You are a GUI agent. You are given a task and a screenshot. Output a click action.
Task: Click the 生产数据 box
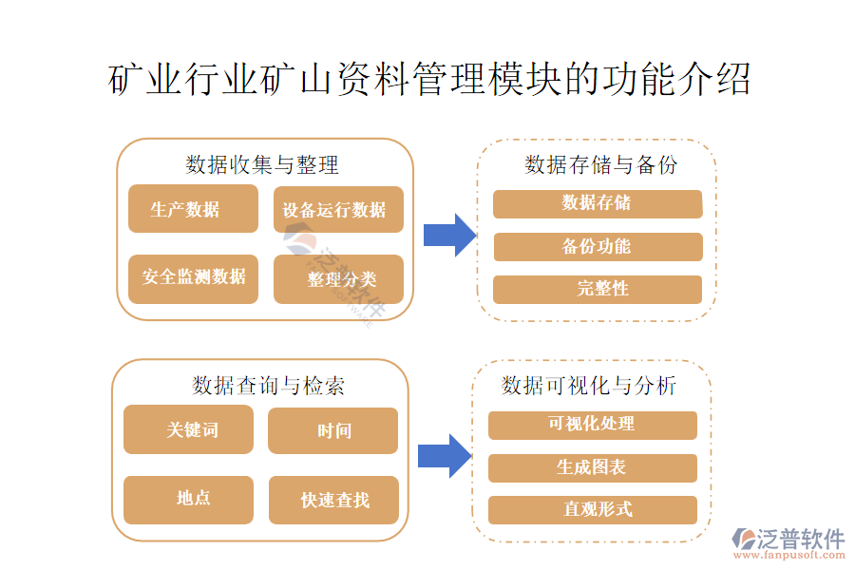[193, 209]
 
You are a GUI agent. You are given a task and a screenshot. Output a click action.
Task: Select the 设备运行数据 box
[338, 209]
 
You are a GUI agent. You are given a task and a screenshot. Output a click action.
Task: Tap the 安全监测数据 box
[193, 278]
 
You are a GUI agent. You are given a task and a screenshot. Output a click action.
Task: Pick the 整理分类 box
[338, 279]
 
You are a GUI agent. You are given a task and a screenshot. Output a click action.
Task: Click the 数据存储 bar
[598, 203]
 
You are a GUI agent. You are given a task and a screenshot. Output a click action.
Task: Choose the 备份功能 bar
[598, 247]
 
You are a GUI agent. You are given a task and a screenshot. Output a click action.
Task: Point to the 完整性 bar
[598, 289]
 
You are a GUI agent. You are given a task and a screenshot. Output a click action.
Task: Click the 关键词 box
[188, 429]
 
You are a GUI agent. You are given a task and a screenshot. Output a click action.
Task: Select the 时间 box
[332, 430]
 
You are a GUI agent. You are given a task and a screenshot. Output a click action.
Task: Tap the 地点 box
[188, 499]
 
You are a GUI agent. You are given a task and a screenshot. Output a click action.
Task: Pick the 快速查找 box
[332, 500]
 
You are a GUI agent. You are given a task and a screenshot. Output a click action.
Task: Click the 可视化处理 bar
[592, 425]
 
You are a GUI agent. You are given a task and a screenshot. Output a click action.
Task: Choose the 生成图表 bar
[592, 467]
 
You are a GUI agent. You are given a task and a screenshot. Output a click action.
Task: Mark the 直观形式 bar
[592, 509]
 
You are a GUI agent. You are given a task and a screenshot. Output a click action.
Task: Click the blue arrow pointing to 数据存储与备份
[448, 235]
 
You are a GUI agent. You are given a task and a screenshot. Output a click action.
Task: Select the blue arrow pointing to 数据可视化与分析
[445, 455]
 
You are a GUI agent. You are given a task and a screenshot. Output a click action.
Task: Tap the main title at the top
[429, 81]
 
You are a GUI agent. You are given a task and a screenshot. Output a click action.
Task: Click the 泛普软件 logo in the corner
[788, 543]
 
